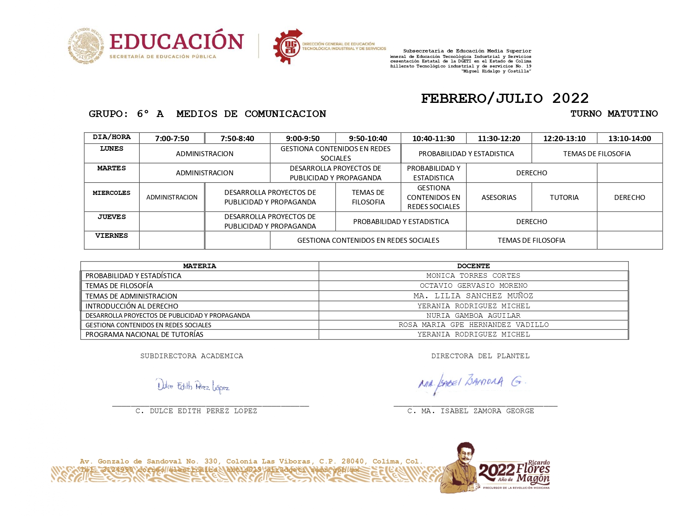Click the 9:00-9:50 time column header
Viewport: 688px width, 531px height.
pyautogui.click(x=303, y=138)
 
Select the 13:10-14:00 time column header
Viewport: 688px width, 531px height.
pyautogui.click(x=629, y=138)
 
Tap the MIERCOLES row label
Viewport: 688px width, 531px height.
pyautogui.click(x=111, y=193)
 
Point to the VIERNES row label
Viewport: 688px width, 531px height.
pyautogui.click(x=111, y=236)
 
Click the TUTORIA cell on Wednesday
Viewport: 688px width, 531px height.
pyautogui.click(x=564, y=197)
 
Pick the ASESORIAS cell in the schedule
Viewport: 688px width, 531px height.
pyautogui.click(x=499, y=197)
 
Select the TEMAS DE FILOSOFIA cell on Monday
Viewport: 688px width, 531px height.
pyautogui.click(x=597, y=154)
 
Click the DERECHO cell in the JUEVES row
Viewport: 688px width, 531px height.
pyautogui.click(x=531, y=222)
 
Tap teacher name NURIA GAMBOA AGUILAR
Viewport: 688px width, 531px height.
pyautogui.click(x=473, y=316)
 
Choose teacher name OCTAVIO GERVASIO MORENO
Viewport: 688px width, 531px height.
pyautogui.click(x=473, y=286)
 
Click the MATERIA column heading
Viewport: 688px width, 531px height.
pyautogui.click(x=199, y=266)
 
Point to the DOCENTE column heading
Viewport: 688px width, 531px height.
pyautogui.click(x=473, y=266)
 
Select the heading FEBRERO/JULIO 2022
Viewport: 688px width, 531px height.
pyautogui.click(x=505, y=99)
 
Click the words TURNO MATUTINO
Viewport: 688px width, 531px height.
pyautogui.click(x=614, y=114)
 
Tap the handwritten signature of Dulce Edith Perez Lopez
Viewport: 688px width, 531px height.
pyautogui.click(x=193, y=386)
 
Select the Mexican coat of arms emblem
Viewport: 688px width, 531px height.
pyautogui.click(x=86, y=46)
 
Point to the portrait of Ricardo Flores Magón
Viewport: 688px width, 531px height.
pyautogui.click(x=459, y=467)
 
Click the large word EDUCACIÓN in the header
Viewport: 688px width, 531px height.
pyautogui.click(x=176, y=42)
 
